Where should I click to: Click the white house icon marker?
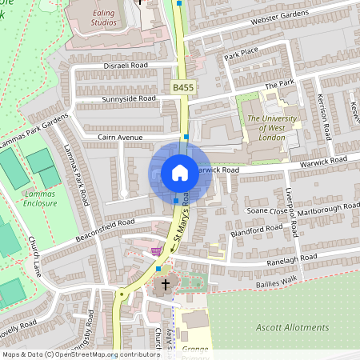pyautogui.click(x=180, y=173)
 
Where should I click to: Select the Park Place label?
pyautogui.click(x=242, y=55)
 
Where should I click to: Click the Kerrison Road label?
pyautogui.click(x=329, y=120)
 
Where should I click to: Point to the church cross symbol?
pyautogui.click(x=166, y=285)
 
